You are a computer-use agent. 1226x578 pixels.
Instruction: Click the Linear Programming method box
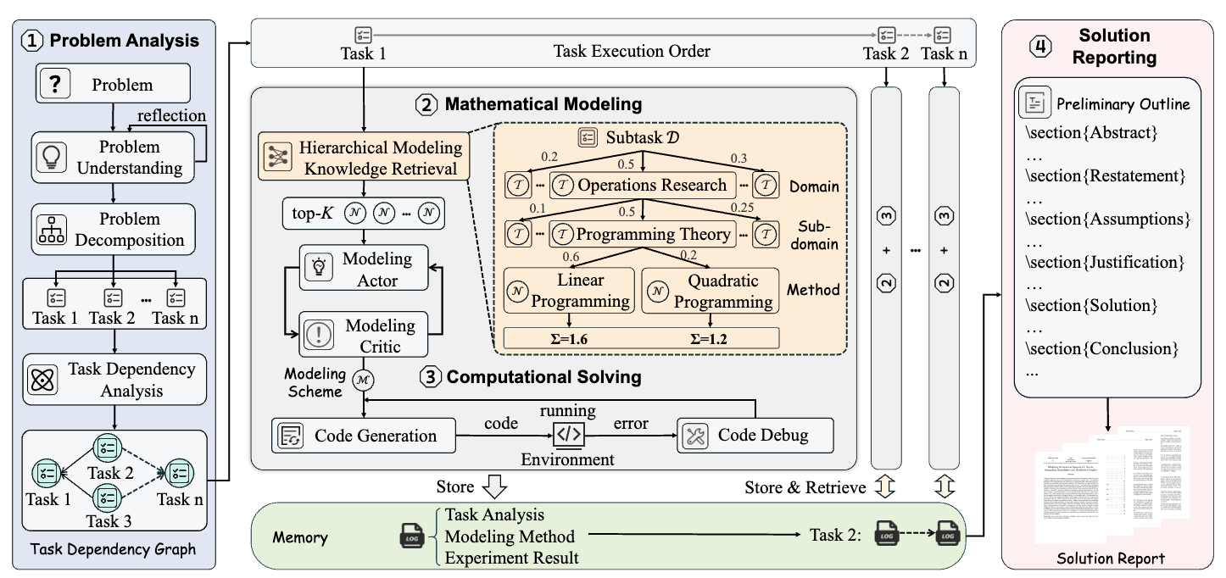point(569,290)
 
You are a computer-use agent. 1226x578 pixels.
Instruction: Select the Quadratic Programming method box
point(711,290)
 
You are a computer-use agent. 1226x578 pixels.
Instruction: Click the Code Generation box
point(363,436)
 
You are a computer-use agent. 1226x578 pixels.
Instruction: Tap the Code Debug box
point(755,436)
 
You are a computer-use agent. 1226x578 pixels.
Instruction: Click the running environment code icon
point(568,435)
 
